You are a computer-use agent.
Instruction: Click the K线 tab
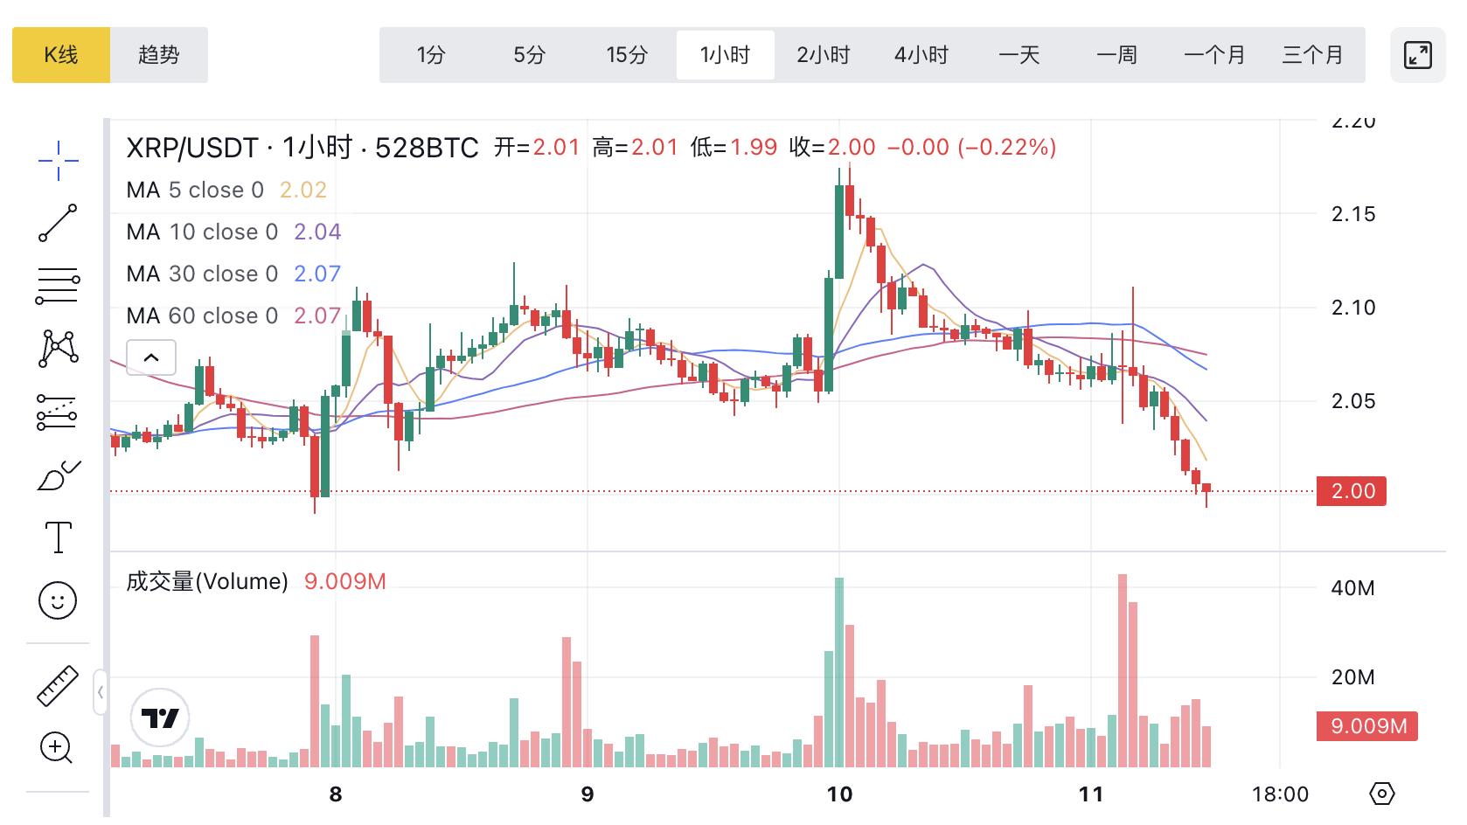[61, 55]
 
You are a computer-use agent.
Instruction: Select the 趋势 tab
[159, 55]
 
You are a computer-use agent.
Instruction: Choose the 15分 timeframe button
[627, 55]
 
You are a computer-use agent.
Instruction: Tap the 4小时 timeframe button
[921, 55]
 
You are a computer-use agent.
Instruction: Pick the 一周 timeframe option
[1117, 55]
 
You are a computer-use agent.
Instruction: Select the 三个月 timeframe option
[1312, 55]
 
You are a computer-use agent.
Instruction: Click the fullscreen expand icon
[1417, 55]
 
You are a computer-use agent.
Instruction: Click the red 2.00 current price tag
[1352, 491]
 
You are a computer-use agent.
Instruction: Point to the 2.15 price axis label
[1352, 214]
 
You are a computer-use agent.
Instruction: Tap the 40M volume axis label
[1352, 588]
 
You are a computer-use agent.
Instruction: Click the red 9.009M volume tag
[1367, 726]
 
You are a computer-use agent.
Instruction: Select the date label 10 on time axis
[839, 794]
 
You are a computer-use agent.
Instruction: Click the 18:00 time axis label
[1280, 794]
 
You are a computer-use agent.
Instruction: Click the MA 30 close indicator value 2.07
[317, 274]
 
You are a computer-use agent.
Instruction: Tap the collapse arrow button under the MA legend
[151, 357]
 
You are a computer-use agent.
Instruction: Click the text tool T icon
[59, 537]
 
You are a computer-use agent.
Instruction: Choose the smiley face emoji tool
[59, 600]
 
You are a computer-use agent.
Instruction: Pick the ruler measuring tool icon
[58, 686]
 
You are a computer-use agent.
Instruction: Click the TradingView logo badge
[160, 718]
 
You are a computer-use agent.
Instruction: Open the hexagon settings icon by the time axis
[1382, 794]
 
